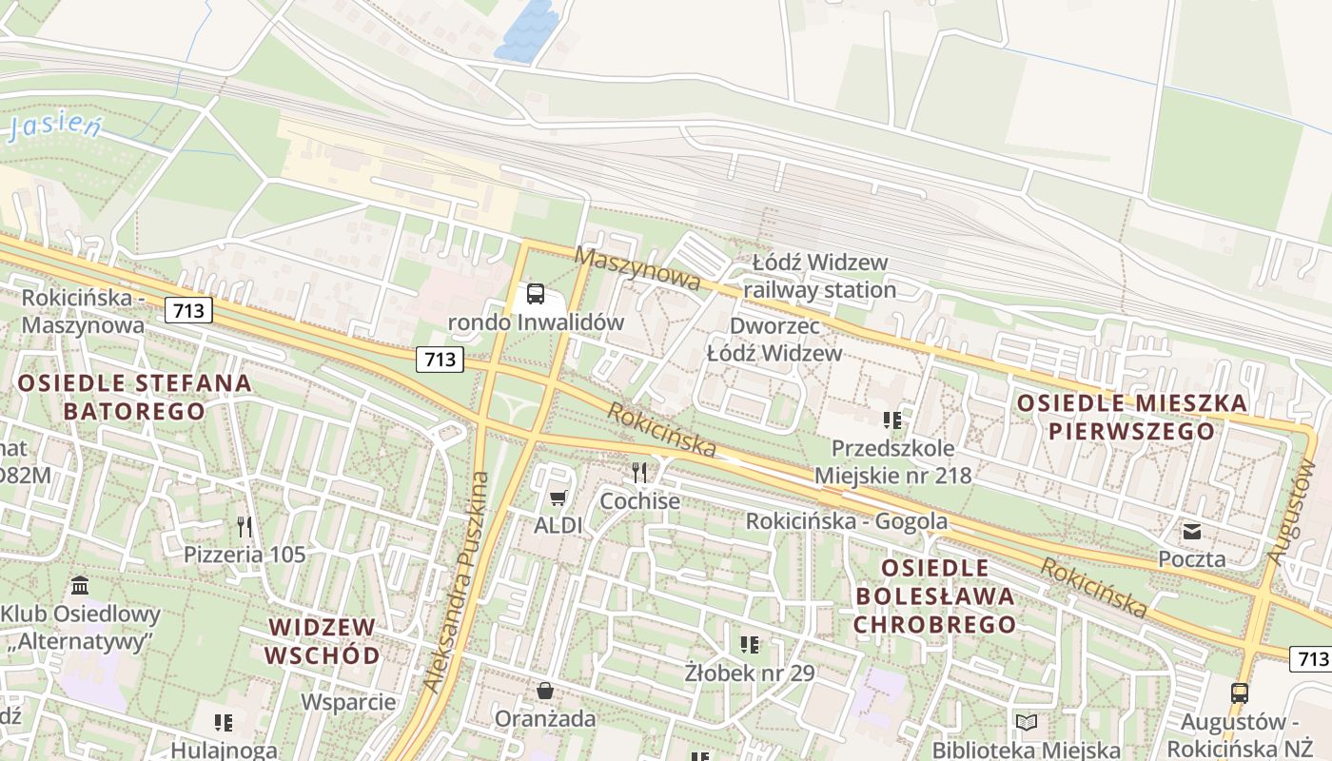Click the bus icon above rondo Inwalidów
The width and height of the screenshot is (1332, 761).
click(x=536, y=294)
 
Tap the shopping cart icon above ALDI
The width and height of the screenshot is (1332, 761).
click(x=558, y=498)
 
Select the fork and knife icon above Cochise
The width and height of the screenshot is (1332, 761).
click(x=639, y=472)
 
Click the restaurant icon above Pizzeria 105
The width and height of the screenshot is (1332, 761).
click(x=245, y=526)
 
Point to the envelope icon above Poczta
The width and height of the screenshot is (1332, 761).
click(x=1192, y=531)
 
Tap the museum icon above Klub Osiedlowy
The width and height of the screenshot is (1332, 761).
click(x=80, y=584)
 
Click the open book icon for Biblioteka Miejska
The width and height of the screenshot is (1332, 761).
click(x=1026, y=723)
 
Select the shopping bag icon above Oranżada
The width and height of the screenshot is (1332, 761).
click(x=545, y=690)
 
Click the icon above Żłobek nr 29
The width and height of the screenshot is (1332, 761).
click(x=750, y=645)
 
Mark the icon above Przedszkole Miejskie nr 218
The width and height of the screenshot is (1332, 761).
click(x=891, y=420)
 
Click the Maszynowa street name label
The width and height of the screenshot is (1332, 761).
click(x=637, y=269)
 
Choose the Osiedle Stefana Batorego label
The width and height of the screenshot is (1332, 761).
click(x=134, y=398)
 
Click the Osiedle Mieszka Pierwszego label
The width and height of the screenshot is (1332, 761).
click(x=1131, y=417)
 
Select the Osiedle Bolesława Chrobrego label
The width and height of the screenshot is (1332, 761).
click(x=934, y=596)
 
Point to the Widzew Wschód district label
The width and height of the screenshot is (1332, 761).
click(x=323, y=641)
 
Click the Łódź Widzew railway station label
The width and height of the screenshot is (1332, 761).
click(x=819, y=275)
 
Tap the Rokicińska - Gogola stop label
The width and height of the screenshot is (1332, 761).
click(x=846, y=521)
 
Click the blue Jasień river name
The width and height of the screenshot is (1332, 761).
click(x=54, y=127)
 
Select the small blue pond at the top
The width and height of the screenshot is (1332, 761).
click(x=527, y=32)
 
